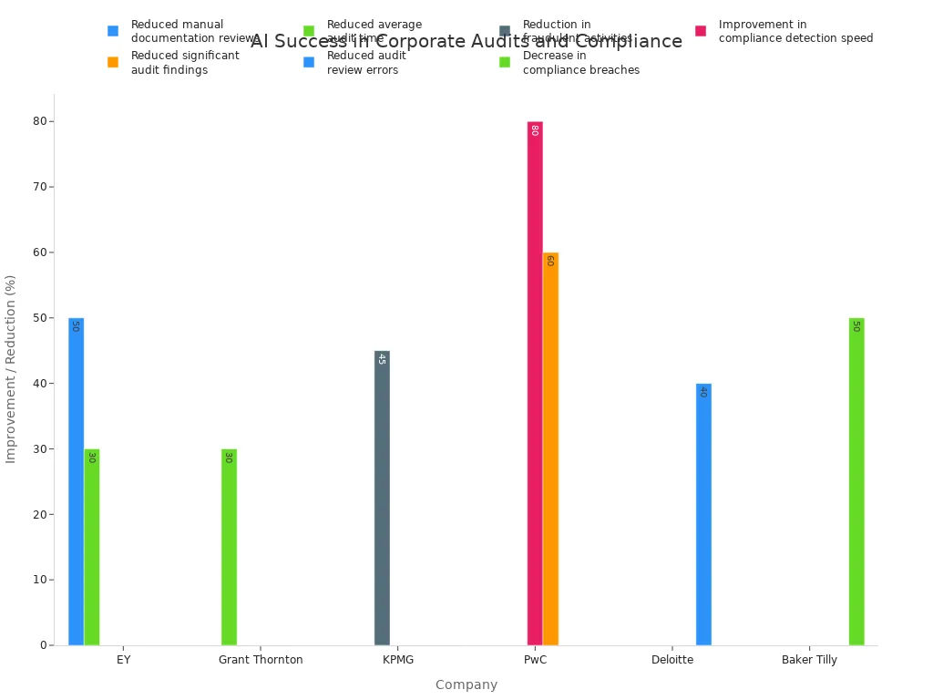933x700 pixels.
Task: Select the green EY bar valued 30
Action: pos(92,547)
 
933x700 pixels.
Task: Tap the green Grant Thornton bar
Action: pos(229,547)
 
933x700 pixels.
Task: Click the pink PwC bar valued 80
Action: pos(535,383)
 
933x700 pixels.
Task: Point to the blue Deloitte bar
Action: pos(703,514)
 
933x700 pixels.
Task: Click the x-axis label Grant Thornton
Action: pos(261,660)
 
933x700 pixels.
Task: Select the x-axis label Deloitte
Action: pos(672,660)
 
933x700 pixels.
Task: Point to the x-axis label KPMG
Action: pos(398,660)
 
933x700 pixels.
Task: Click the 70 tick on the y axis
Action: pos(41,187)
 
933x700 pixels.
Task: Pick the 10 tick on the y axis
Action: pos(41,580)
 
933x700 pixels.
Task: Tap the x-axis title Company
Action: pos(466,685)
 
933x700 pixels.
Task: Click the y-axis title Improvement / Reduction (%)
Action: pos(11,368)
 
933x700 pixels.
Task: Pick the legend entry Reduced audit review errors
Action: pos(365,63)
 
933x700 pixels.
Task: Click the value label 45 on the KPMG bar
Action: pos(382,359)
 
